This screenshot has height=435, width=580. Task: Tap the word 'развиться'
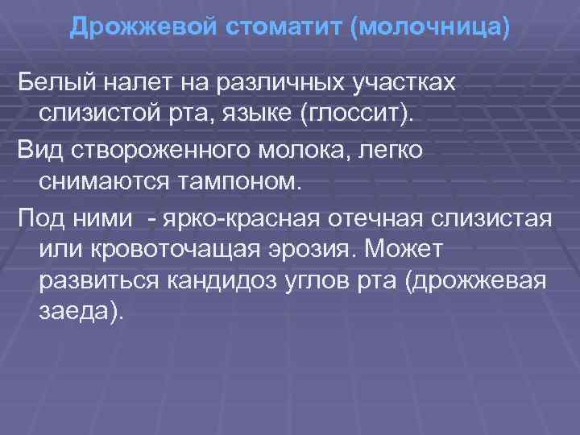(100, 283)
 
